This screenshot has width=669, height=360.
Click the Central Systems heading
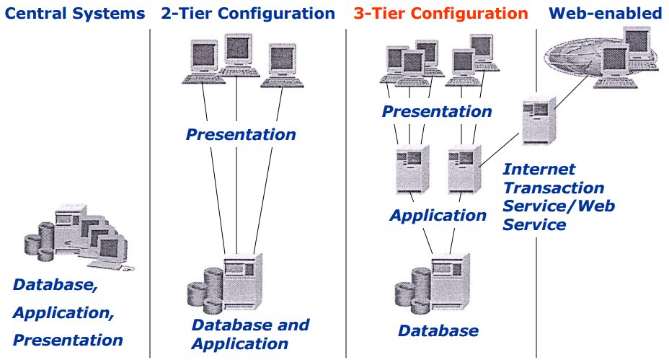74,14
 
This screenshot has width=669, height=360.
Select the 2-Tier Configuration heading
248,14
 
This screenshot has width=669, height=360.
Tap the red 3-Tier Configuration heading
440,14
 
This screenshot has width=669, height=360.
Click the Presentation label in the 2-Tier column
241,134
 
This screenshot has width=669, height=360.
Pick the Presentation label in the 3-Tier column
437,112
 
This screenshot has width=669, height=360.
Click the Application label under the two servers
438,215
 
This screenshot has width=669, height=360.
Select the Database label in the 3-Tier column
438,331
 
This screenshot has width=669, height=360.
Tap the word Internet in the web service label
539,170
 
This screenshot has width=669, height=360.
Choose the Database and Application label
250,334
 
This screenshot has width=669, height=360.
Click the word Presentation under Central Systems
68,340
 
